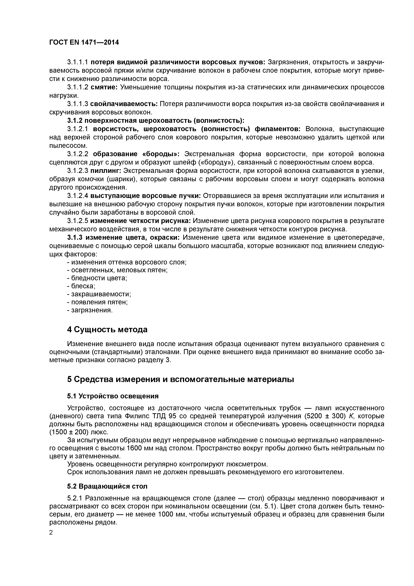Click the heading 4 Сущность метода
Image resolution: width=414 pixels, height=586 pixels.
pyautogui.click(x=107, y=329)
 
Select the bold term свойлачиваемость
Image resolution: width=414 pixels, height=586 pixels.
pyautogui.click(x=124, y=104)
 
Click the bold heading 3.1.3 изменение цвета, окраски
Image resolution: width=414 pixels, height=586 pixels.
pyautogui.click(x=124, y=237)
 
